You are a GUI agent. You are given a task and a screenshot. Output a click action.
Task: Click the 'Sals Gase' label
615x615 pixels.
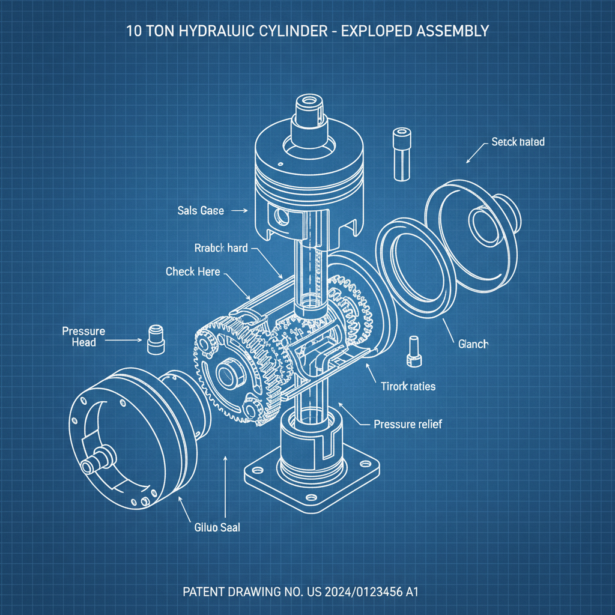[201, 211]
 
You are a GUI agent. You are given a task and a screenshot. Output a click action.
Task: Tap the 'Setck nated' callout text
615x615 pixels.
[518, 142]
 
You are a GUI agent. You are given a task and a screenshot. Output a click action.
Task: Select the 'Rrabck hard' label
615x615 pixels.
[221, 248]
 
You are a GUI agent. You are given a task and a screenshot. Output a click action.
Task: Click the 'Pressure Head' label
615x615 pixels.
[83, 336]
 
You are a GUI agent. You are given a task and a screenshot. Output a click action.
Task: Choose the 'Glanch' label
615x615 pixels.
[473, 344]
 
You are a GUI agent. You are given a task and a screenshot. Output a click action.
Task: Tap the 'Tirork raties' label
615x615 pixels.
[408, 387]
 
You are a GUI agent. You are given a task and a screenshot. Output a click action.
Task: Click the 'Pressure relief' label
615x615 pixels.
[407, 424]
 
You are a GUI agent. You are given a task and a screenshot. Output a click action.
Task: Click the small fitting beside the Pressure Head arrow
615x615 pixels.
[156, 341]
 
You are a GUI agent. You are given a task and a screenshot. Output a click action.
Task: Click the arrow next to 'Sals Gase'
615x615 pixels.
[239, 211]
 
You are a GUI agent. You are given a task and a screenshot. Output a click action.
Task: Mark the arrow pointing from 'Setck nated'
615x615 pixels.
[474, 153]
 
